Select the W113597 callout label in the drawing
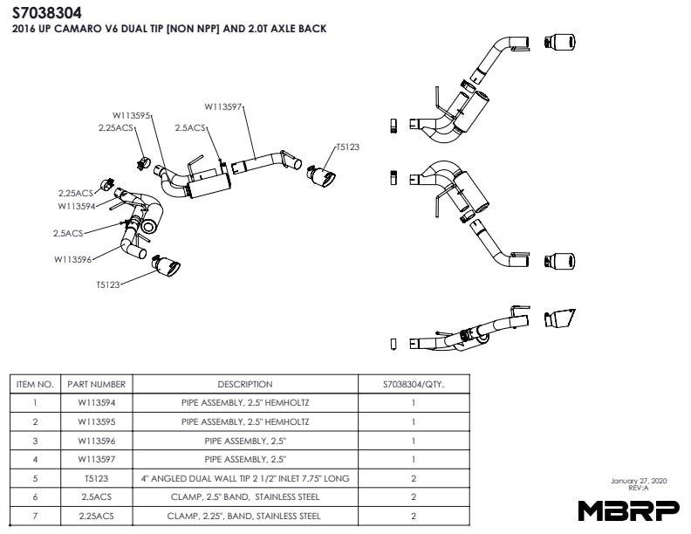point(223,107)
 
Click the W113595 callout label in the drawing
point(131,114)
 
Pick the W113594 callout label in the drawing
point(77,207)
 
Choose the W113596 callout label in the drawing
point(72,259)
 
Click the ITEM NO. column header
point(35,384)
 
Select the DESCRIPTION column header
point(244,384)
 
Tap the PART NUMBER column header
point(96,384)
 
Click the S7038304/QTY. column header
point(413,384)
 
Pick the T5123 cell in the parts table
point(96,478)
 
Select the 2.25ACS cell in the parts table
point(96,516)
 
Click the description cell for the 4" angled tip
point(244,478)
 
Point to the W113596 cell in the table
point(96,441)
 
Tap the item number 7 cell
point(35,516)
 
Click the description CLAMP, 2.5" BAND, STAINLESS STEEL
point(244,496)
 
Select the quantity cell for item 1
point(413,403)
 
